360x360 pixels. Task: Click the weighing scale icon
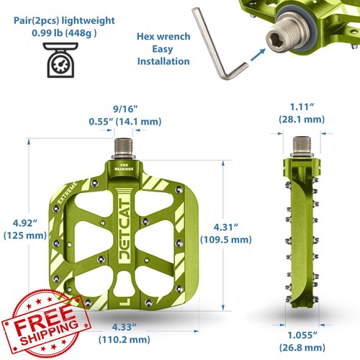coord(60,60)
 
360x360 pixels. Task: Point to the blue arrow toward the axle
coord(258,55)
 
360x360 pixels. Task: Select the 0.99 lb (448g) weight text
coord(64,33)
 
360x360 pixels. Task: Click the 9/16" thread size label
coord(125,109)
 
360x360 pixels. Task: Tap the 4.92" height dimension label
coord(25,223)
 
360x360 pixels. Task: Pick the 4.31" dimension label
coord(226,228)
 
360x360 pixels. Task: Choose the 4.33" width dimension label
coord(124,327)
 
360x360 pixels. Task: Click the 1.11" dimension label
coord(302,107)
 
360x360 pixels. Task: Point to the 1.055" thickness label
coord(302,335)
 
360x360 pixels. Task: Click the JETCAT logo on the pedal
coord(125,230)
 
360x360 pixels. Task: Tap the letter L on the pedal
coord(125,302)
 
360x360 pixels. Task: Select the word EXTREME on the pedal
coord(68,193)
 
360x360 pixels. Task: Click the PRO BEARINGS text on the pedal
coord(124,167)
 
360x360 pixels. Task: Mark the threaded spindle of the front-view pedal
coord(123,148)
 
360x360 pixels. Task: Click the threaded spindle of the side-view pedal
coord(302,145)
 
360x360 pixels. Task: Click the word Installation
coord(163,61)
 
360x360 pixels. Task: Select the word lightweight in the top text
coord(89,21)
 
